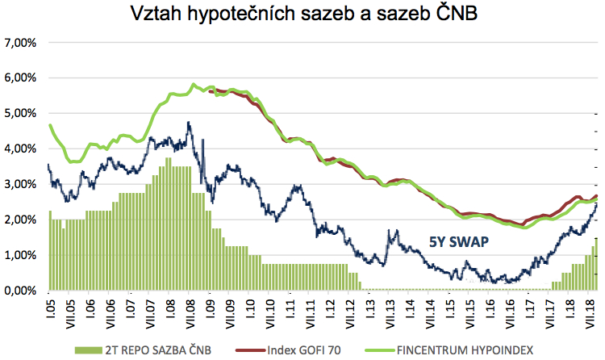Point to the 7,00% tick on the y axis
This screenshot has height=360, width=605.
[20, 42]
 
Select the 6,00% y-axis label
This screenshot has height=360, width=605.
[20, 77]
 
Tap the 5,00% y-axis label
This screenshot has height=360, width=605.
[20, 113]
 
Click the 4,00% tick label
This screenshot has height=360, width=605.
[20, 149]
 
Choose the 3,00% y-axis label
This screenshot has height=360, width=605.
[20, 184]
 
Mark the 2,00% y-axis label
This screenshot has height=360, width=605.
[20, 220]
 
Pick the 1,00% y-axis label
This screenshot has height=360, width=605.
[20, 255]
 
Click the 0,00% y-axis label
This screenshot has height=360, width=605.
[20, 291]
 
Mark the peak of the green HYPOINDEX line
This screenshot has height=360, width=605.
[194, 84]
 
